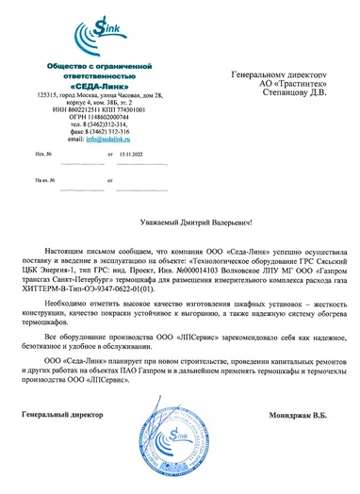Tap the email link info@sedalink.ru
[x=104, y=139]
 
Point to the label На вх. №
[x=43, y=177]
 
